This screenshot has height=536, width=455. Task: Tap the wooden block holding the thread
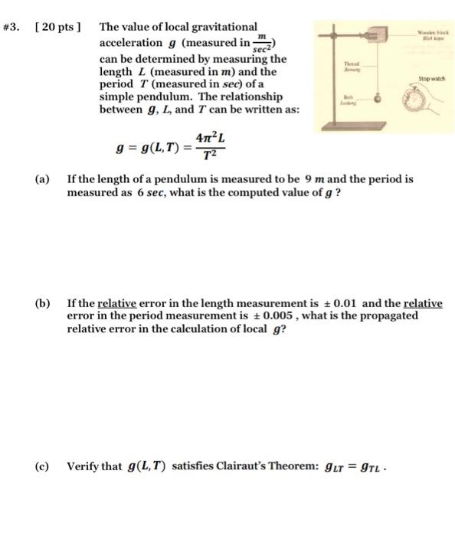click(x=378, y=35)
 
